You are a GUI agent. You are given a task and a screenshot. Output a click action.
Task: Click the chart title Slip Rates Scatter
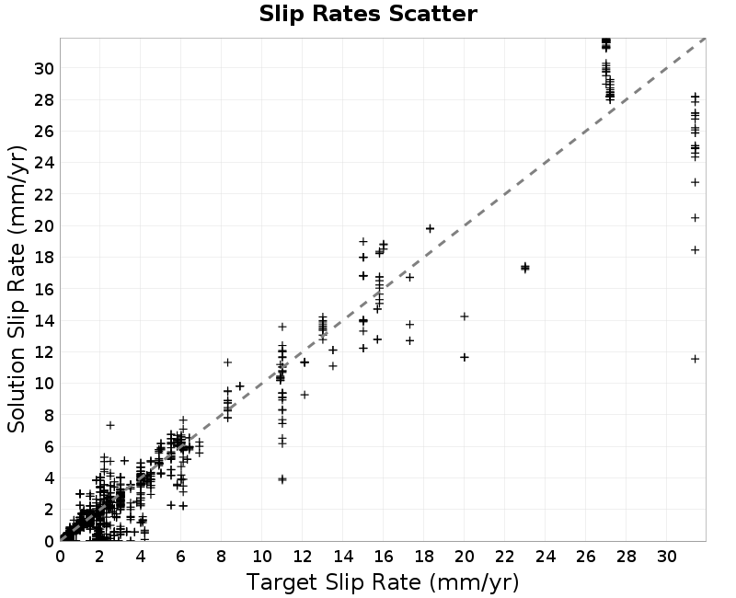click(368, 14)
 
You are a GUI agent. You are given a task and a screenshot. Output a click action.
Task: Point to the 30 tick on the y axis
click(44, 68)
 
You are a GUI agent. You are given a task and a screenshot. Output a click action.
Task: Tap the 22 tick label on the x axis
click(504, 557)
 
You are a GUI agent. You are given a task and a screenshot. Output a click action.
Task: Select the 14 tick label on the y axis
click(44, 320)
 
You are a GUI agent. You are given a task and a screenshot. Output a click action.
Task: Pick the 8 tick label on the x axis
click(222, 557)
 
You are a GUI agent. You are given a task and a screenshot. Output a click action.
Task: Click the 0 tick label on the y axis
click(50, 541)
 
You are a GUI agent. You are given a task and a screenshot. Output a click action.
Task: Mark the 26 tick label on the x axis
click(585, 557)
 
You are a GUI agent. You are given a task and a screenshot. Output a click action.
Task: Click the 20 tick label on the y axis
click(44, 225)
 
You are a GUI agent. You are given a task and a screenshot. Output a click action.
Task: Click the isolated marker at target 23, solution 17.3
click(524, 268)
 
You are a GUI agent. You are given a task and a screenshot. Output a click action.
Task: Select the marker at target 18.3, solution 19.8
click(430, 228)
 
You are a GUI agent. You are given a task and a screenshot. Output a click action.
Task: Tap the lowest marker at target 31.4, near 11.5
click(696, 359)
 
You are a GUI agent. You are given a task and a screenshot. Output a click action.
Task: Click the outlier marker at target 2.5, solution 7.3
click(110, 425)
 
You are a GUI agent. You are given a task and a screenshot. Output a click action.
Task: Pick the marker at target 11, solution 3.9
click(282, 479)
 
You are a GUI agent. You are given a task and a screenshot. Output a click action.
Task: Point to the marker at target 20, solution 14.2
click(465, 316)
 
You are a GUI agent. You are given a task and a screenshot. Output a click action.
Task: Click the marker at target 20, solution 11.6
click(465, 357)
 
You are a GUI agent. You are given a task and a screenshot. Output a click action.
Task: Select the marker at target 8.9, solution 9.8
click(240, 386)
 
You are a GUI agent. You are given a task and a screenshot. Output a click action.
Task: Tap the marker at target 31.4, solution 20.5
click(696, 218)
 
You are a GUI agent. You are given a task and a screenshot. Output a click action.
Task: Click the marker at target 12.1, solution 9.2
click(305, 395)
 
